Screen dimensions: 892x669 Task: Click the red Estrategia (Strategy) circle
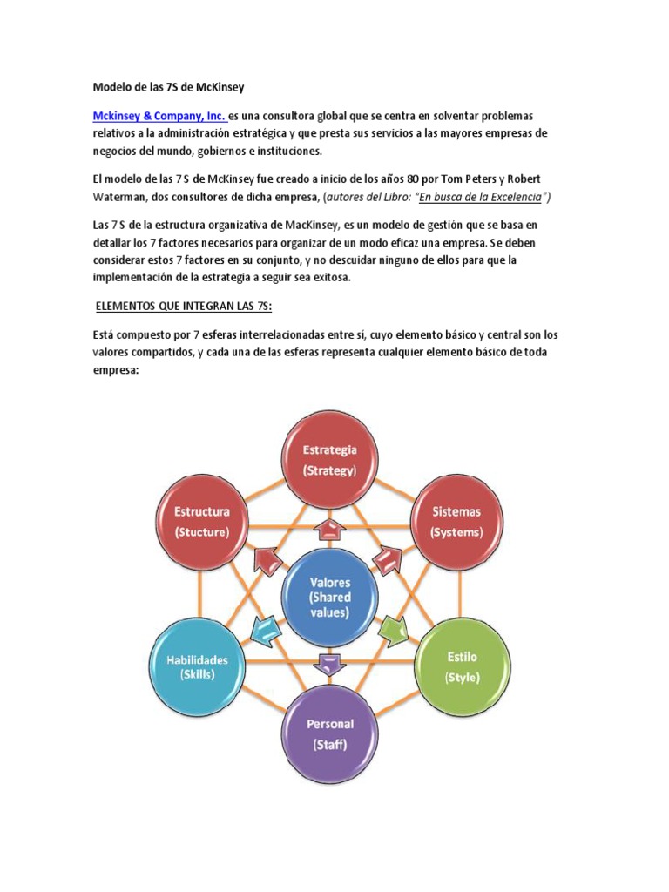(329, 459)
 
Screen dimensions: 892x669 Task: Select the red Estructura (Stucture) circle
(201, 520)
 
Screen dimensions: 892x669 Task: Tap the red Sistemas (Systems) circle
(456, 520)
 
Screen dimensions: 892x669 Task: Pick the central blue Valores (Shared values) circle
(329, 597)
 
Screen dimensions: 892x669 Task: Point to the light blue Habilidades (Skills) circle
(198, 666)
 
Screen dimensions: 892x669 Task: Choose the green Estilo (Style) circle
(461, 666)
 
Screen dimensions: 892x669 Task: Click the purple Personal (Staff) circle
(329, 733)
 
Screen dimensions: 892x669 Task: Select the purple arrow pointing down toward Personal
(329, 664)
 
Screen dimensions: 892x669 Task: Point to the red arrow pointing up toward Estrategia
(329, 529)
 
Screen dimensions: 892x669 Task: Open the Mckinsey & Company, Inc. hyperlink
(159, 116)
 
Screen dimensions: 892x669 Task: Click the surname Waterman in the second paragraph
(125, 197)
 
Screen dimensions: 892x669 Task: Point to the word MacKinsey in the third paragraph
(314, 224)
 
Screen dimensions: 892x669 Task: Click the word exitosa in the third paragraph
(326, 277)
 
